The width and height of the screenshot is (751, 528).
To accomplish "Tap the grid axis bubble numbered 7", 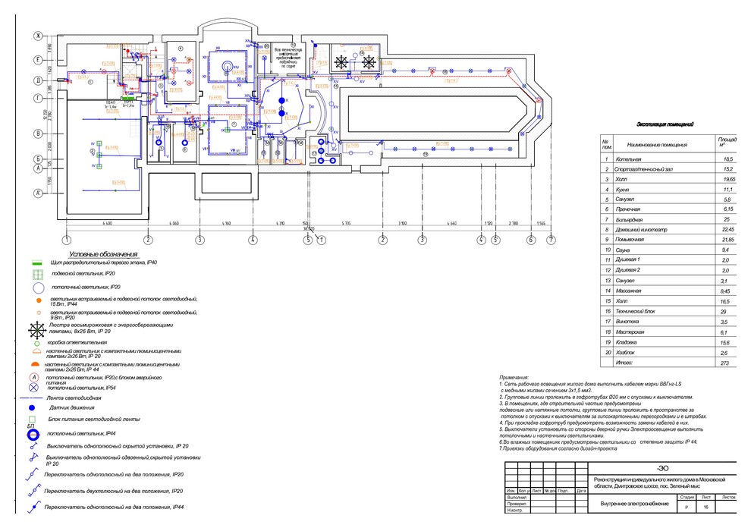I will click(x=551, y=240).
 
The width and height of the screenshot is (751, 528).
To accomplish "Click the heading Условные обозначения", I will click(x=102, y=254).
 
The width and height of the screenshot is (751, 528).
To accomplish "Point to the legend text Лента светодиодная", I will click(x=74, y=397).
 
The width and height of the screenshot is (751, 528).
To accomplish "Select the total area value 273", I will click(x=726, y=363).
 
